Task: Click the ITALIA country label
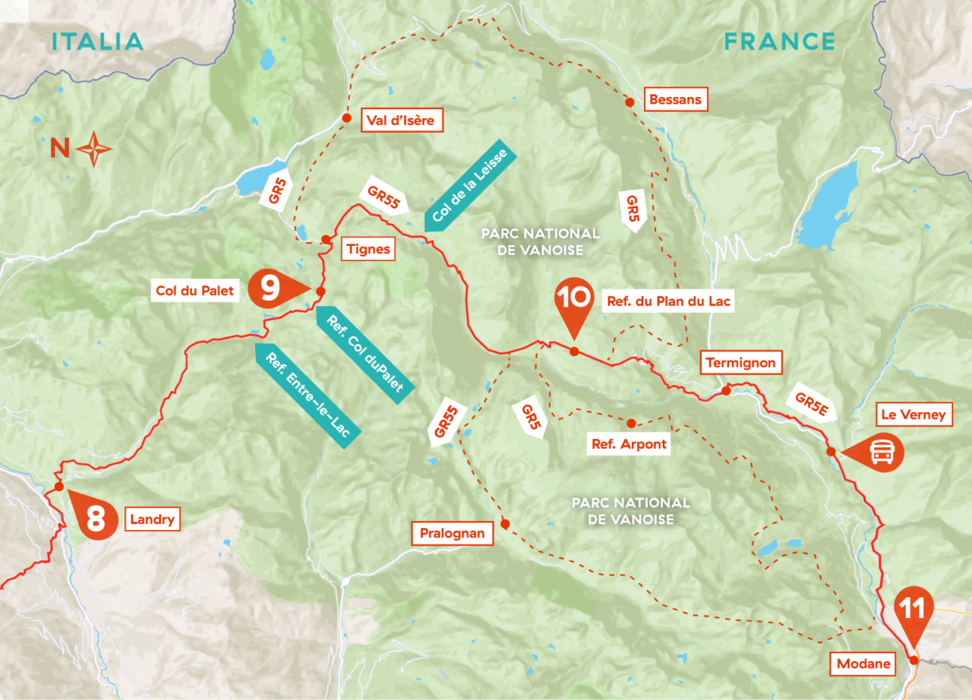[x=97, y=41]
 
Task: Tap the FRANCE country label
[x=779, y=41]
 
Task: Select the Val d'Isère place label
[x=402, y=119]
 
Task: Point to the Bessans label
[x=675, y=99]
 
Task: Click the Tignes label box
[x=368, y=249]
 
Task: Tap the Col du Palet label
[x=194, y=290]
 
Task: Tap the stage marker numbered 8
[x=94, y=520]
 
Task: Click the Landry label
[x=153, y=520]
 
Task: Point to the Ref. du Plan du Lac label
[x=668, y=301]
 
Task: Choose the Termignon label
[x=740, y=363]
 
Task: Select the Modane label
[x=863, y=664]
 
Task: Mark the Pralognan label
[x=452, y=534]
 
